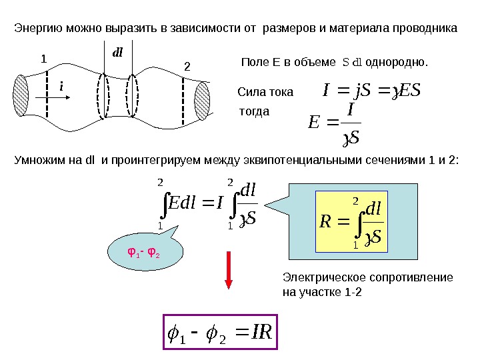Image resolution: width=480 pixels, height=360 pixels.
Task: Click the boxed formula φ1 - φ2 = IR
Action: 219,331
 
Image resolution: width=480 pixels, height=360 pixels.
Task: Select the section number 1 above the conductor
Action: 44,59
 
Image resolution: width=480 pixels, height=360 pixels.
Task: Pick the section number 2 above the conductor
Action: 187,67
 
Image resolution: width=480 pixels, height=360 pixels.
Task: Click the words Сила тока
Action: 265,92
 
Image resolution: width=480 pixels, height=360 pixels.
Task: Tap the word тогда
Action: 254,111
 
